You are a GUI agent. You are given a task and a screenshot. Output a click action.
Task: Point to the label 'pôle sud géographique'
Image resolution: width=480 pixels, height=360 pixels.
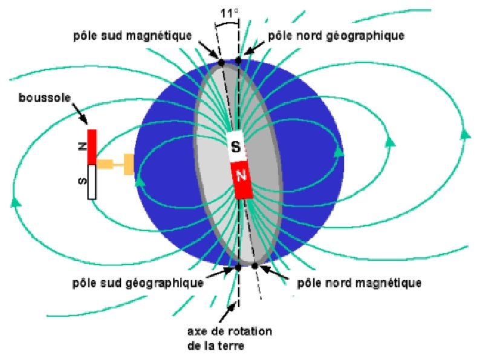[x=137, y=283]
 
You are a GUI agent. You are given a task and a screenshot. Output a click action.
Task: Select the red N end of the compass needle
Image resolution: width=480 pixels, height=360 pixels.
[x=92, y=146]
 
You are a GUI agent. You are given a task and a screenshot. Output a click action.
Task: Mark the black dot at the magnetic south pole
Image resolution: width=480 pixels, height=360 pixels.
[x=221, y=62]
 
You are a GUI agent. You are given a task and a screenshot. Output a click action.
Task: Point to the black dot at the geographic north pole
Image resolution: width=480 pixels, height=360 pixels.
[x=238, y=61]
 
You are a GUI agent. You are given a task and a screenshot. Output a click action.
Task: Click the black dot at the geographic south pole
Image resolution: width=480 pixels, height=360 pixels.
[x=238, y=266]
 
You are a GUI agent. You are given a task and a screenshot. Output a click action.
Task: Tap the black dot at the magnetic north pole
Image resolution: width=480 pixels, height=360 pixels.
[x=255, y=266]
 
